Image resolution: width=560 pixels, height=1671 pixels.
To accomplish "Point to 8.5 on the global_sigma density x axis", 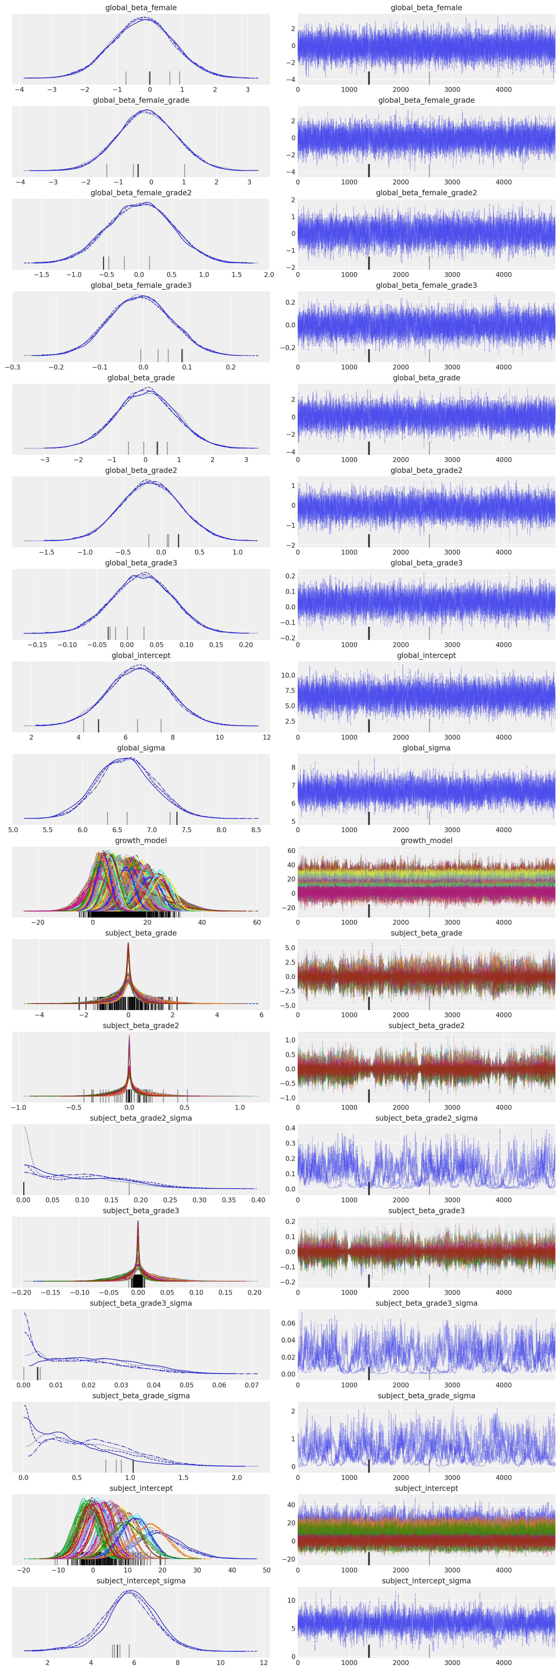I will click(x=256, y=830).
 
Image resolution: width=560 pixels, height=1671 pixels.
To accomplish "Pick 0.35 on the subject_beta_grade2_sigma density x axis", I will click(x=229, y=1200).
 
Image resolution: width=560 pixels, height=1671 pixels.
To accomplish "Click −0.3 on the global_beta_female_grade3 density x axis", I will click(x=12, y=367).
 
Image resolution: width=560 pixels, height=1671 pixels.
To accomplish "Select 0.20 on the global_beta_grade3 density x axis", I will click(x=246, y=645).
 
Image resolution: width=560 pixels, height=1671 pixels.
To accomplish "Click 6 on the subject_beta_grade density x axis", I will click(x=261, y=1015).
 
